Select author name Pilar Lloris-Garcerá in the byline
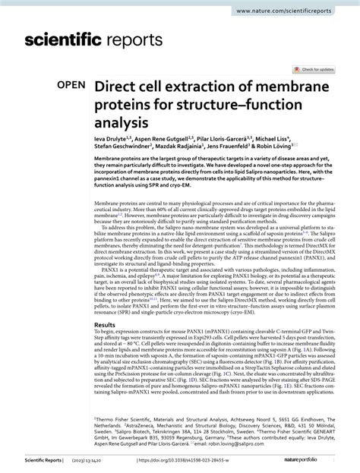click(x=243, y=140)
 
